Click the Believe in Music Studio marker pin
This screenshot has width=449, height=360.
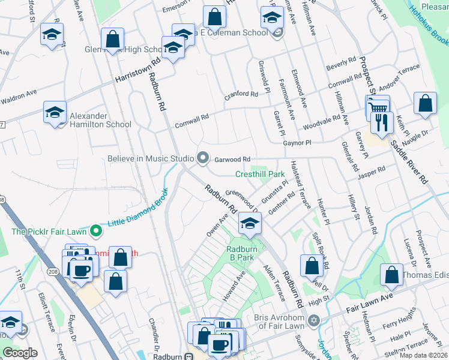click(x=203, y=158)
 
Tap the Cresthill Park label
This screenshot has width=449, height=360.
click(x=259, y=175)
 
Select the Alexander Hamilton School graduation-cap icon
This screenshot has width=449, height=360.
click(x=55, y=112)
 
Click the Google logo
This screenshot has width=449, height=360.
click(x=20, y=353)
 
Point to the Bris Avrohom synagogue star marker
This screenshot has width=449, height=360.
click(x=313, y=320)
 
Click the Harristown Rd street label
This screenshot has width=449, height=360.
click(x=139, y=71)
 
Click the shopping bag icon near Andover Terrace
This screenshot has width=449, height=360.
click(x=425, y=103)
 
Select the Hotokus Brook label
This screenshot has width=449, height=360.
click(x=429, y=25)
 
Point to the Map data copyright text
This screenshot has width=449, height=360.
click(x=423, y=355)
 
